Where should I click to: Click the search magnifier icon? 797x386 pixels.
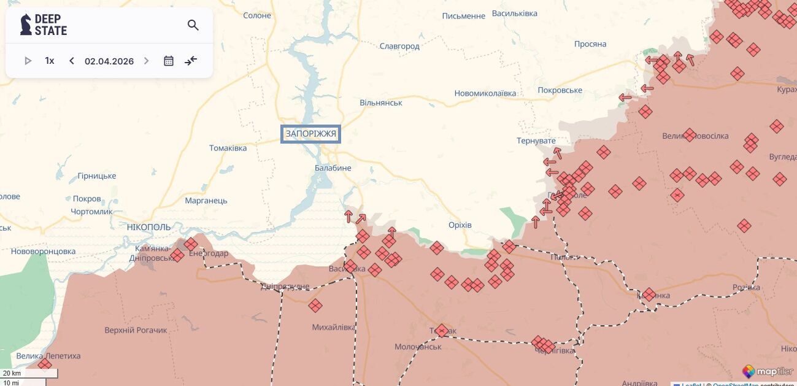pyautogui.click(x=193, y=25)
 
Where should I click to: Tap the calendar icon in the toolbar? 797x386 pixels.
pyautogui.click(x=169, y=61)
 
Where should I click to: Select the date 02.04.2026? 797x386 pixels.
pyautogui.click(x=109, y=61)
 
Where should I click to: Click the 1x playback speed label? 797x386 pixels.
pyautogui.click(x=50, y=61)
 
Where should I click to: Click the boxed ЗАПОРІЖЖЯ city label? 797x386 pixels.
pyautogui.click(x=310, y=134)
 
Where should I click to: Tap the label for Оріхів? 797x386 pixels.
pyautogui.click(x=460, y=225)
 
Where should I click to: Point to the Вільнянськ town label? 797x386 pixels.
pyautogui.click(x=381, y=102)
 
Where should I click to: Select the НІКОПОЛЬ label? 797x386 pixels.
pyautogui.click(x=148, y=227)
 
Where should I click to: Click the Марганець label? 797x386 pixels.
pyautogui.click(x=206, y=201)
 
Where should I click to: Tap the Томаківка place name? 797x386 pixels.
pyautogui.click(x=228, y=148)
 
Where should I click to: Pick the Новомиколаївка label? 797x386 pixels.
pyautogui.click(x=485, y=93)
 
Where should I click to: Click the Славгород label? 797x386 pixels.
pyautogui.click(x=399, y=46)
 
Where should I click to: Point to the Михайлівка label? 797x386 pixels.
pyautogui.click(x=334, y=327)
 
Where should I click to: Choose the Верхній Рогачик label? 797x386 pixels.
pyautogui.click(x=136, y=330)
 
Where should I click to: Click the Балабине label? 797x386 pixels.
pyautogui.click(x=333, y=168)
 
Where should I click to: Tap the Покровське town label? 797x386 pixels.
pyautogui.click(x=560, y=90)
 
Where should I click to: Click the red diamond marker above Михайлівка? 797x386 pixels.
pyautogui.click(x=315, y=306)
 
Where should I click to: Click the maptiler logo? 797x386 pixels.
pyautogui.click(x=768, y=371)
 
